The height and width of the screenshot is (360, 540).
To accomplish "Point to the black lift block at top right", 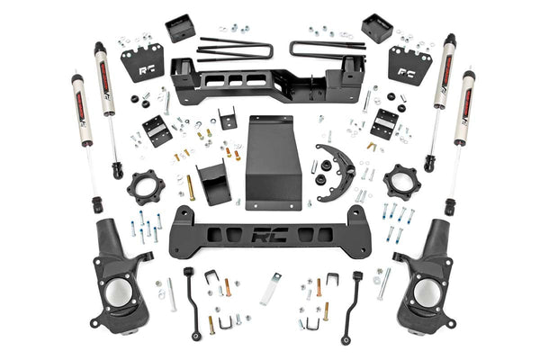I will (376, 27).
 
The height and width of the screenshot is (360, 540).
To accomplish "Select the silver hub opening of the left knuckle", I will (121, 292).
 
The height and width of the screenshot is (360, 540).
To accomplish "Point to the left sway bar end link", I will (193, 301).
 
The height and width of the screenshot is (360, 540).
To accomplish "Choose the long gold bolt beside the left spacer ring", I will (191, 188).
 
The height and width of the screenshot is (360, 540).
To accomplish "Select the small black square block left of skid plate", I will (228, 118).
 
